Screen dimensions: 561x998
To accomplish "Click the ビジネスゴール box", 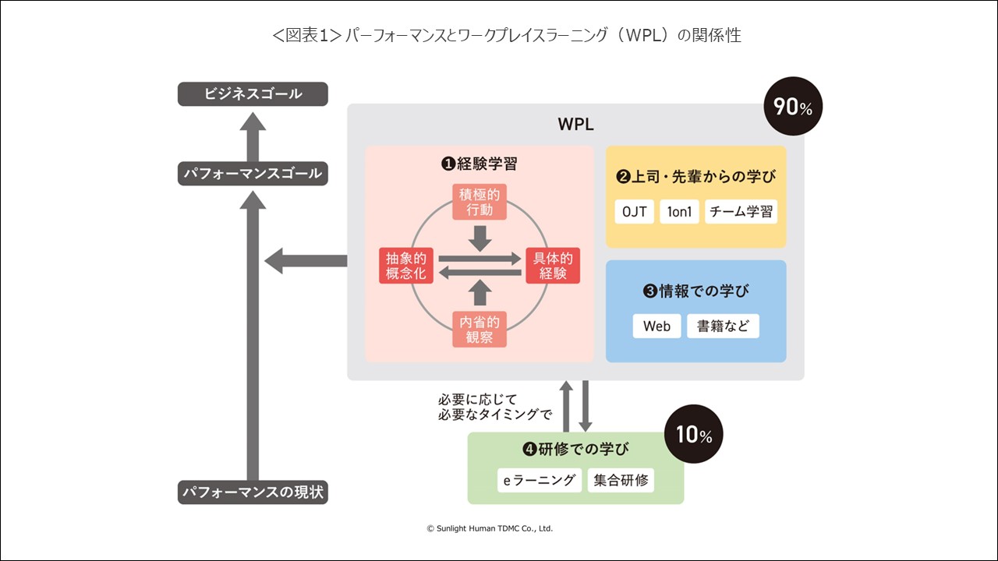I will pos(253,94).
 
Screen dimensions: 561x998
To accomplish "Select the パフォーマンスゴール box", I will pos(253,173).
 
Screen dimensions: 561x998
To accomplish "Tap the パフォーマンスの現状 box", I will pos(253,492).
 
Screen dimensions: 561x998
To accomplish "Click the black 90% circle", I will pos(793,107).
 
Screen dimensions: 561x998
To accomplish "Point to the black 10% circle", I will pos(693,435).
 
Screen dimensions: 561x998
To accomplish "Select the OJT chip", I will pos(634,212).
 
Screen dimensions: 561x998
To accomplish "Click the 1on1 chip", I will pos(679,212).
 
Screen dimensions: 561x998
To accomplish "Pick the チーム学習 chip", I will pos(741,212).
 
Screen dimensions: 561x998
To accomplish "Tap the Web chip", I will pos(656,326).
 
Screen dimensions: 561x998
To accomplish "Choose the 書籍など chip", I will pos(723,326).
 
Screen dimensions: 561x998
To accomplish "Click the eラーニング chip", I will pos(540,480).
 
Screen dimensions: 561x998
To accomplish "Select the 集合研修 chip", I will pos(621,480).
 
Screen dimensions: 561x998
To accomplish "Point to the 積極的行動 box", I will pos(480,202).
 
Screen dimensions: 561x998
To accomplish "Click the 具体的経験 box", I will pos(552,266).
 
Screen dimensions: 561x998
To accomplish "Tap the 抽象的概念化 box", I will pos(404,266).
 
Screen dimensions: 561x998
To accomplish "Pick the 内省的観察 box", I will pos(480,329).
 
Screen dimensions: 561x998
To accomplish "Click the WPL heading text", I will pos(576,125).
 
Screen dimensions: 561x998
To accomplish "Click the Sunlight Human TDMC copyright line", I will pos(490,528).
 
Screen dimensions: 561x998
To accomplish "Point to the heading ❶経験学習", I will pos(479,164).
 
